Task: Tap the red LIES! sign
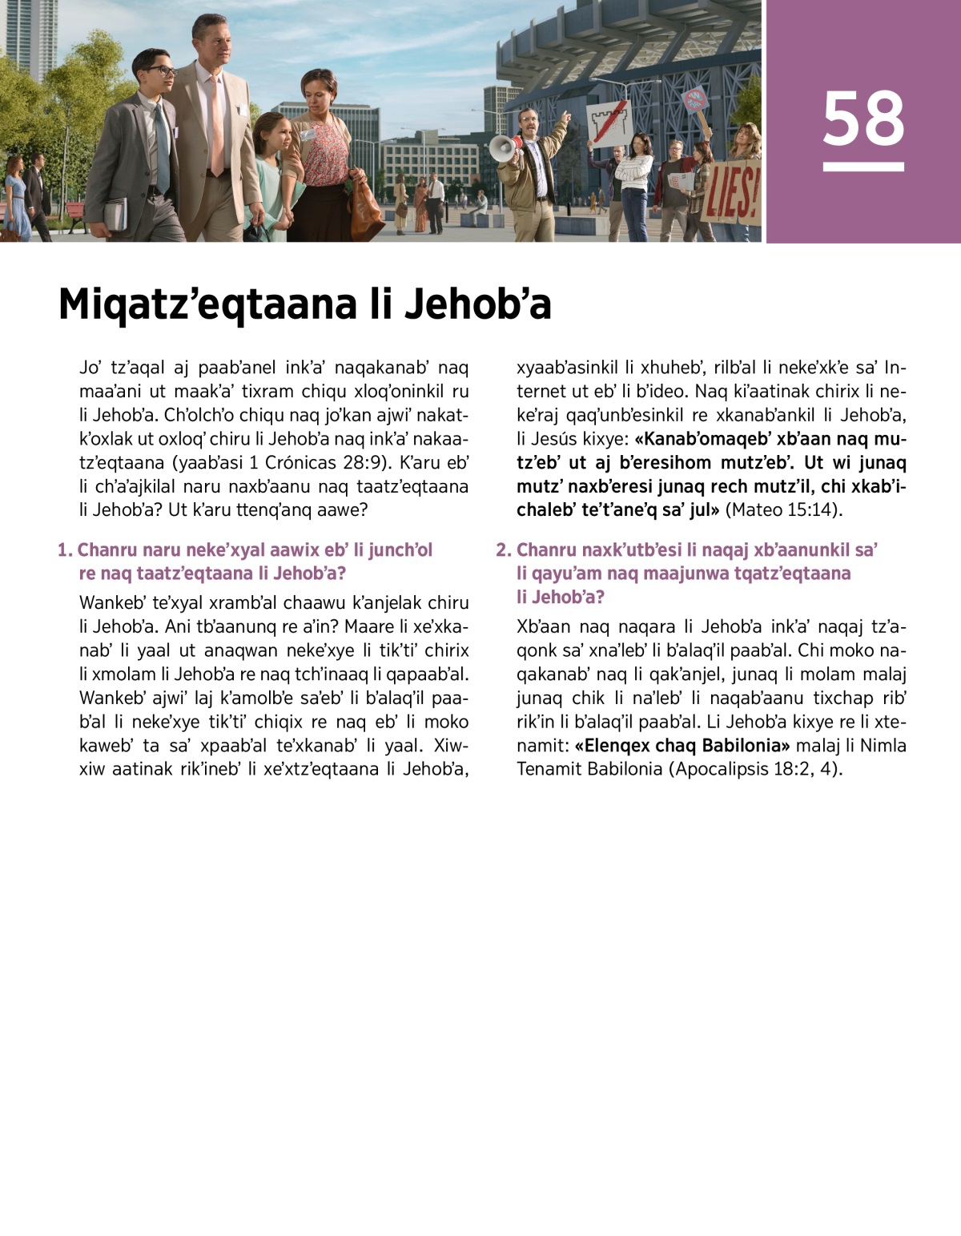[x=731, y=195]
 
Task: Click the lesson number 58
[x=862, y=119]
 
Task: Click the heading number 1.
[x=64, y=550]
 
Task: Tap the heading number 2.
[x=503, y=550]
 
